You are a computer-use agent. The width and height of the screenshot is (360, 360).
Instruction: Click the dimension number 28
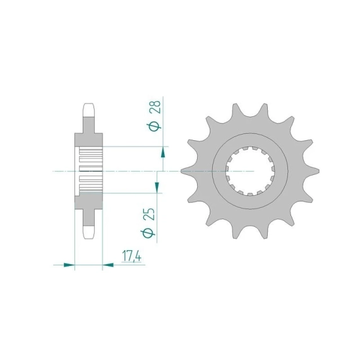click(x=155, y=107)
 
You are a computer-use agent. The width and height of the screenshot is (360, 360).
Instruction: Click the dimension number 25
click(x=150, y=214)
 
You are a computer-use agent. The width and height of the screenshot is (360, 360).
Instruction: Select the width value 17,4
click(x=131, y=256)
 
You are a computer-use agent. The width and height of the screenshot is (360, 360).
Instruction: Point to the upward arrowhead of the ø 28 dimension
click(x=163, y=152)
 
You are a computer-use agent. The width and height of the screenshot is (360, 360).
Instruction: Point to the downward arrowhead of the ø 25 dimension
click(x=157, y=187)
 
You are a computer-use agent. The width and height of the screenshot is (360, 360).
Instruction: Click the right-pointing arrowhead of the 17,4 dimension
click(x=69, y=265)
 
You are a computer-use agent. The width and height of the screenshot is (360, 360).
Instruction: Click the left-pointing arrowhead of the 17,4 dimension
click(x=108, y=265)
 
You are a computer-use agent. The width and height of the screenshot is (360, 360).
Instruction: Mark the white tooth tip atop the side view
click(x=89, y=110)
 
